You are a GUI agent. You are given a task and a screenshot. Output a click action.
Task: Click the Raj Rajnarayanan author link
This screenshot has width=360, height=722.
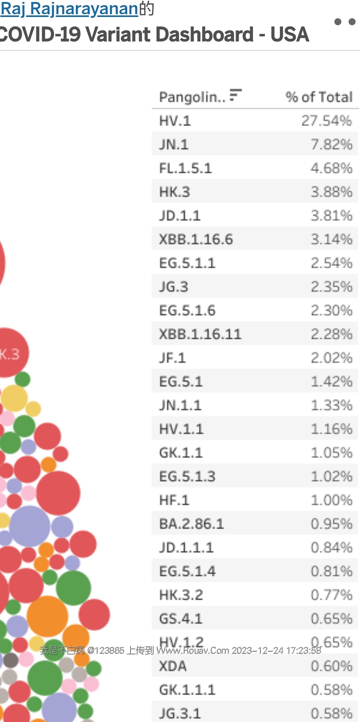coord(69,9)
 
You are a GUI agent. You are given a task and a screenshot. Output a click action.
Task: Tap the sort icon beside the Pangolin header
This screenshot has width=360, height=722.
coord(235,95)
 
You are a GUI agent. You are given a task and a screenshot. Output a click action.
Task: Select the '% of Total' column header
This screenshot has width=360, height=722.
coord(319,97)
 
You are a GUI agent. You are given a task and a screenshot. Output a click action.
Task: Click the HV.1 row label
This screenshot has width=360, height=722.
coord(175,121)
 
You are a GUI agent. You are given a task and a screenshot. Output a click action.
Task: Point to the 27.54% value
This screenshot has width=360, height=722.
coord(326,121)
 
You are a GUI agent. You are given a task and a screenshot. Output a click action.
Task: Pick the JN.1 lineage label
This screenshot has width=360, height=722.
coord(174,144)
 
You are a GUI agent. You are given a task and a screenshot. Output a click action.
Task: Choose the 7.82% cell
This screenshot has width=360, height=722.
coord(331,144)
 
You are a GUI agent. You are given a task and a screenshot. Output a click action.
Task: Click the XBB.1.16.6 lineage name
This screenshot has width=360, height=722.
coord(196,239)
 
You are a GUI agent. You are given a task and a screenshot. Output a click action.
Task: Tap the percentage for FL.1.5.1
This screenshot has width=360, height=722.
coord(331,168)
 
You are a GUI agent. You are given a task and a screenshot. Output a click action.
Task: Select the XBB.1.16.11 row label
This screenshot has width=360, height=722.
coord(200,334)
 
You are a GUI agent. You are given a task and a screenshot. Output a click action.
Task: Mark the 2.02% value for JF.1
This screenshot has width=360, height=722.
coord(331,358)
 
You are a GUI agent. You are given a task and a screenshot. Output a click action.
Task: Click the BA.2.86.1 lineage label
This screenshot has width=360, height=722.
coord(192,524)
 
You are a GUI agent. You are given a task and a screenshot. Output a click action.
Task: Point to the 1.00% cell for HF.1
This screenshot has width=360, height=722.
coord(331,500)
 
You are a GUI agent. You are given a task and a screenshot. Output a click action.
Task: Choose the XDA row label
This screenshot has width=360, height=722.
coord(173,666)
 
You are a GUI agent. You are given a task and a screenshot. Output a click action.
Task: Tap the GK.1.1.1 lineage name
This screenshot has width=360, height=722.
coord(187,690)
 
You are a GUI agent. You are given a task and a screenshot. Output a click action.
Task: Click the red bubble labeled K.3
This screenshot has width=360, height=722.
coord(11,353)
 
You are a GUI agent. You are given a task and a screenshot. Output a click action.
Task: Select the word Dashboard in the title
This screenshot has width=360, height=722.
coord(209,34)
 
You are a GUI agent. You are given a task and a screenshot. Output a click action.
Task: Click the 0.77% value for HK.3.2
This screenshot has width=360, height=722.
coord(331,595)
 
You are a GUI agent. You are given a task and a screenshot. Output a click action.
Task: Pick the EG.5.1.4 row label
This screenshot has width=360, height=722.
coord(187,571)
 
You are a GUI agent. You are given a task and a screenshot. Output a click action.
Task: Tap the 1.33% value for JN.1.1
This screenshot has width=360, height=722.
coord(331,405)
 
